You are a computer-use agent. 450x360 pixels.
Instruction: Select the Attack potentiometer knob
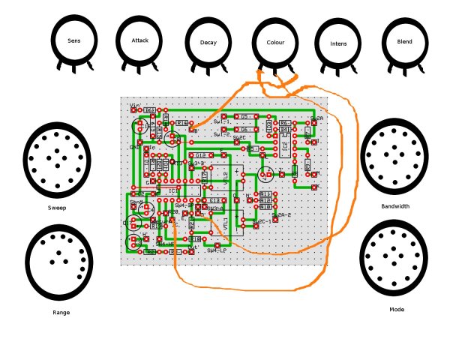(x=140, y=40)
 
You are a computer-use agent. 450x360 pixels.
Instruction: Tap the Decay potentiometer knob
(x=208, y=43)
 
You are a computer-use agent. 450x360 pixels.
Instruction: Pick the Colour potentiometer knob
(x=275, y=43)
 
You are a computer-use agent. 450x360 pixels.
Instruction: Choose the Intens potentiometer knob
(x=339, y=43)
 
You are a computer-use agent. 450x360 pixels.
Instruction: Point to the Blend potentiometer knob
(x=404, y=41)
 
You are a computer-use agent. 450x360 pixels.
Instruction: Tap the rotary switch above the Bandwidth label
(x=394, y=156)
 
